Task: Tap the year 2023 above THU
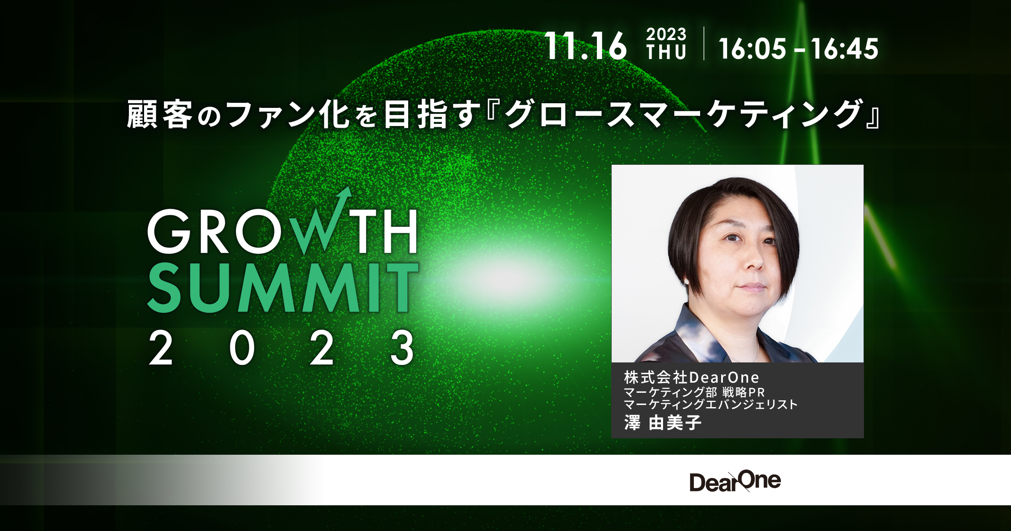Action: coord(666,34)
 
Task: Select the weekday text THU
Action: coord(666,53)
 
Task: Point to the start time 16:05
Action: coord(752,48)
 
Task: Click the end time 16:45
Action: coord(845,48)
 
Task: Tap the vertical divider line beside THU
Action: coord(704,43)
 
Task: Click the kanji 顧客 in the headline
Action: coord(160,114)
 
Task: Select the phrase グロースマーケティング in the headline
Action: coord(682,114)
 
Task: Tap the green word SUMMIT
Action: coord(282,288)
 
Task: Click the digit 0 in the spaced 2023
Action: coord(242,348)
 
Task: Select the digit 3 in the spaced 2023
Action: coord(402,348)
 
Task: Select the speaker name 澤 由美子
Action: coord(663,423)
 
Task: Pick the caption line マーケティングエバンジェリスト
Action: coord(710,405)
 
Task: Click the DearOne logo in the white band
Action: coord(735,481)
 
